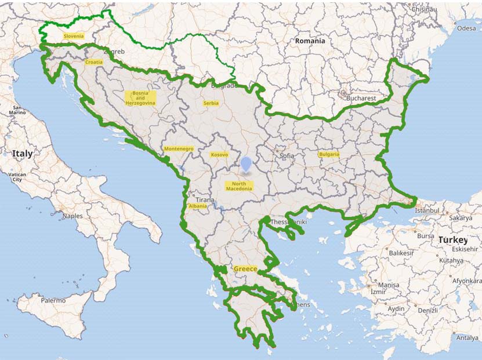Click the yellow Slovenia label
pos(74,36)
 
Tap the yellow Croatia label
pos(94,62)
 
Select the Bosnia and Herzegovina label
pos(140,97)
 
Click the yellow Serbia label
pos(211,103)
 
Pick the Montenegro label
pos(179,148)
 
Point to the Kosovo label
pos(219,155)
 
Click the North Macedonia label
pos(238,186)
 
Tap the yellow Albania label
pos(197,206)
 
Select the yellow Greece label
pos(245,269)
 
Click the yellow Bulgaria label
pos(328,154)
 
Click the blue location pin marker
pos(247,164)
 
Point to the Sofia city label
pos(287,156)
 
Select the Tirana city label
pos(205,199)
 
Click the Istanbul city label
pos(428,211)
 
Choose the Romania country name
pos(310,41)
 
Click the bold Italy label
pos(23,154)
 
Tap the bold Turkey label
pos(452,239)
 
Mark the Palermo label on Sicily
pos(53,300)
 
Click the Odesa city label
pos(466,28)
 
